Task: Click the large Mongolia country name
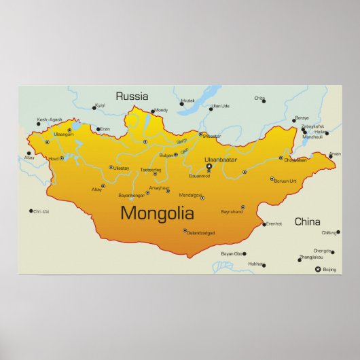[x=157, y=214]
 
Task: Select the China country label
[x=308, y=221]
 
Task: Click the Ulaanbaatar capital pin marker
[x=209, y=166]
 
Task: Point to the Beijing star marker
[x=318, y=270]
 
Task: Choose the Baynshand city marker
[x=242, y=207]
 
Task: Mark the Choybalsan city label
[x=295, y=160]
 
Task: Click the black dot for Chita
[x=264, y=101]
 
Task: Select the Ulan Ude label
[x=219, y=106]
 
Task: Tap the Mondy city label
[x=161, y=110]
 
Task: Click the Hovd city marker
[x=62, y=158]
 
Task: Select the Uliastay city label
[x=122, y=167]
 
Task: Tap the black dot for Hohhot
[x=264, y=265]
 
